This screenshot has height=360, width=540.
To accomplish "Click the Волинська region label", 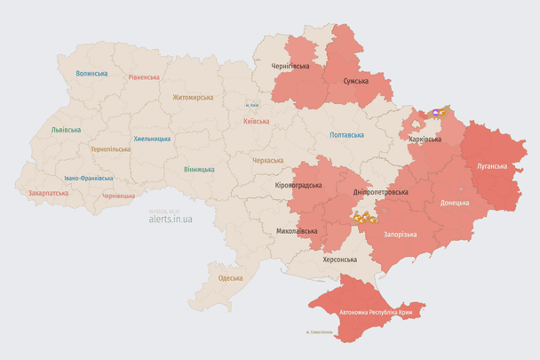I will (x=91, y=74).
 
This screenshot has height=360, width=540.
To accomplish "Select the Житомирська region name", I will (x=193, y=97).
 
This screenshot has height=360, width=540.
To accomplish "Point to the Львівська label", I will (x=66, y=130).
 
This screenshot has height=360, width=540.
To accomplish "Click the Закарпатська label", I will (x=48, y=192).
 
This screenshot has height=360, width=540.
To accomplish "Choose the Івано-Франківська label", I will (x=88, y=178).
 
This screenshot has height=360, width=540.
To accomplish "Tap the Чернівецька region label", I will (x=118, y=196).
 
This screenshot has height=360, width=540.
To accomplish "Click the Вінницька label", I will (x=199, y=169).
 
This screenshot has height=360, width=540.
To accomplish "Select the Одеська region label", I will (x=231, y=278).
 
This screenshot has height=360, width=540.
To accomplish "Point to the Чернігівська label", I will (x=290, y=66).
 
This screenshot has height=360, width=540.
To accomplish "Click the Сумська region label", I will (x=356, y=81).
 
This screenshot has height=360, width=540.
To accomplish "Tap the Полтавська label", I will (x=346, y=135).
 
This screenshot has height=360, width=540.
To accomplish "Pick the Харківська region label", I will (x=425, y=140).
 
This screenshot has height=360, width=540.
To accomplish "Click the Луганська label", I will (x=493, y=166).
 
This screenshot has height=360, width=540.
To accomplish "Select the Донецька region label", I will (x=456, y=203).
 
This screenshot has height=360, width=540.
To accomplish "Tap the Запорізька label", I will (x=400, y=234).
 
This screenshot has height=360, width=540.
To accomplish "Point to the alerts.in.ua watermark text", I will (x=171, y=217).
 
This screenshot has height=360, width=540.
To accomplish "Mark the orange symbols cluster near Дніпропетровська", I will (x=364, y=216).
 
